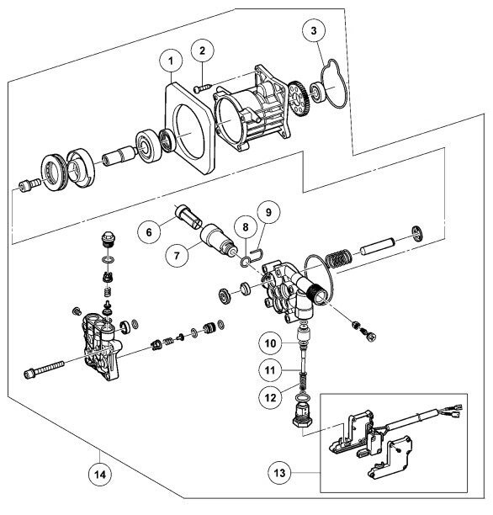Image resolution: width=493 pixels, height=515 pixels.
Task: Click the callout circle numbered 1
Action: click(x=171, y=61)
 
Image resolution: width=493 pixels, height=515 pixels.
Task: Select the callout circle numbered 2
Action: click(x=202, y=50)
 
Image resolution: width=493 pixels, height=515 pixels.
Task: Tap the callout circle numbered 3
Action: click(x=314, y=30)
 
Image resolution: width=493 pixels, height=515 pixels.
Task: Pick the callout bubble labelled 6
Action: click(x=149, y=232)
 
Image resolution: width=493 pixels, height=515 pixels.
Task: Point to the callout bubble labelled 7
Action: click(x=178, y=255)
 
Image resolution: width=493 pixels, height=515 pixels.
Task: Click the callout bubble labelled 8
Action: click(x=246, y=227)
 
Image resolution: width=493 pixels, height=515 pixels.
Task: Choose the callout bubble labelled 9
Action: click(x=268, y=212)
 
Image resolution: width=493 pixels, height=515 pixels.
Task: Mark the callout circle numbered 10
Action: click(x=270, y=343)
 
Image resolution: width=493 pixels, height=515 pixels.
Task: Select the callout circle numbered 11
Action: click(x=270, y=370)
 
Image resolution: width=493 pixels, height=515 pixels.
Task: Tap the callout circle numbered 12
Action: click(x=271, y=398)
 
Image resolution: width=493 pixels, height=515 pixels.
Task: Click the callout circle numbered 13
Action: click(x=279, y=473)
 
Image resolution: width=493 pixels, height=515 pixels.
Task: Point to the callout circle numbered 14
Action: click(x=100, y=475)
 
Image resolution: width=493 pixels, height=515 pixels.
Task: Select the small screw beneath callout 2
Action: click(x=202, y=88)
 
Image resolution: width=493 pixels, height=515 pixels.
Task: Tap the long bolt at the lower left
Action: click(x=44, y=369)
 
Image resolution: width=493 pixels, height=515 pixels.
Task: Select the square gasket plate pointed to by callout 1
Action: click(x=188, y=128)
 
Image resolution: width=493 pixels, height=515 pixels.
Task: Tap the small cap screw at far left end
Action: click(x=30, y=184)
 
